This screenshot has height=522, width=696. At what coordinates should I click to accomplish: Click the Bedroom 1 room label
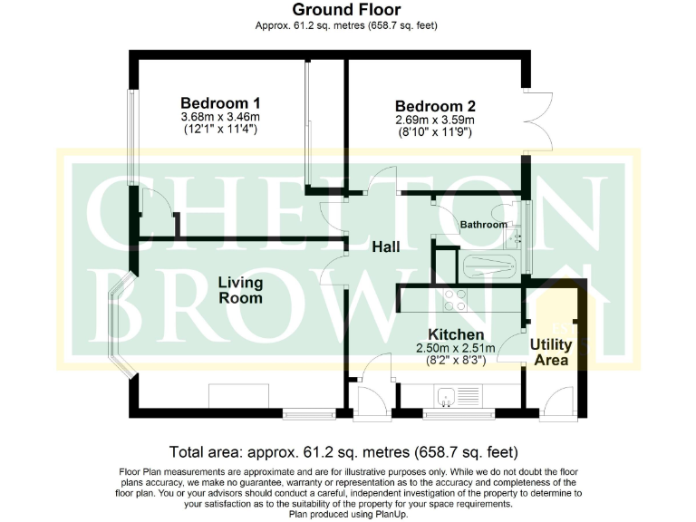pos(220,102)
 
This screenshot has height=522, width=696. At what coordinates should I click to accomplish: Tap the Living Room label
pos(240,290)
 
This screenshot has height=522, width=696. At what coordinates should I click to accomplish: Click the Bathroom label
pos(483,224)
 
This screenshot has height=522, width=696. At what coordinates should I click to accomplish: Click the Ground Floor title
pos(347,10)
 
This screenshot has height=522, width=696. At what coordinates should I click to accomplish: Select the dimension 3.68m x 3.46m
pos(220,117)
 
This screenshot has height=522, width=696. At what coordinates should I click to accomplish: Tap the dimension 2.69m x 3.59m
pos(435,120)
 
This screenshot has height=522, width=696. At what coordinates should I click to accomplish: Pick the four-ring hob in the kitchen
pos(455,299)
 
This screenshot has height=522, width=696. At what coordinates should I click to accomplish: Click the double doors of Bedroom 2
pos(538,123)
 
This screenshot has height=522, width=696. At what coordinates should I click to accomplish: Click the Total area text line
pos(347,451)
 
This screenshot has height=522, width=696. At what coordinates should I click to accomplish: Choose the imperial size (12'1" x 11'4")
pos(220,130)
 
